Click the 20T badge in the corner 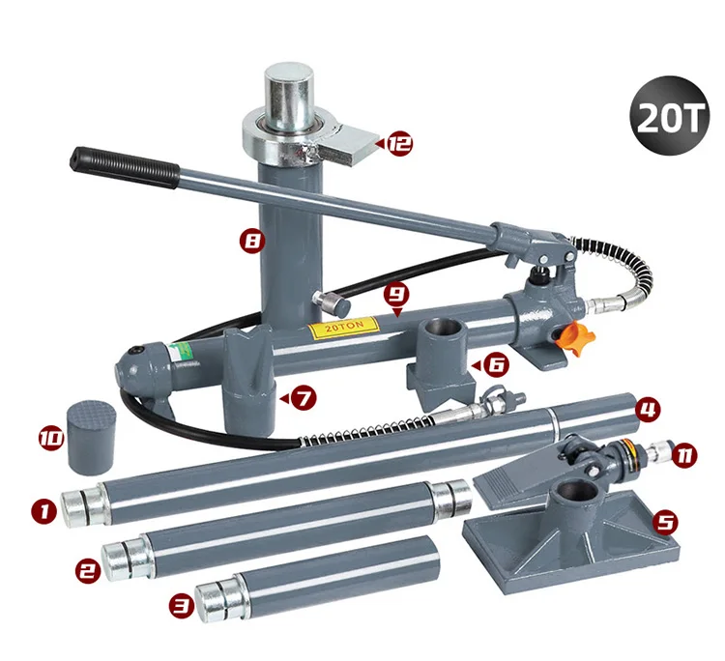coord(669,116)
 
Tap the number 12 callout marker coord(398,144)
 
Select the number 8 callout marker coord(252,241)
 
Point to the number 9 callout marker coord(397,294)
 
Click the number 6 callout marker coord(496,365)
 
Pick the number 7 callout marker coord(304,397)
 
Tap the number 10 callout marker coord(51,438)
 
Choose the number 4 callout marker coord(648,409)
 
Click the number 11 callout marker coord(683,455)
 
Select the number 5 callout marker coord(665,522)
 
